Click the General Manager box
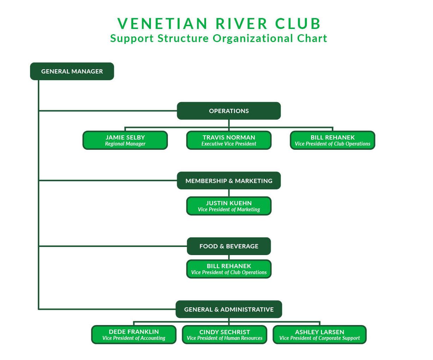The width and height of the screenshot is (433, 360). point(72,71)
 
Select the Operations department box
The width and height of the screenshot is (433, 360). point(229,111)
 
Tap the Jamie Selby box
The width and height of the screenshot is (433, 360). point(125,140)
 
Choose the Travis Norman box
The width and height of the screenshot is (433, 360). point(229,140)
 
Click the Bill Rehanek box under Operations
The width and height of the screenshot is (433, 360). point(332,140)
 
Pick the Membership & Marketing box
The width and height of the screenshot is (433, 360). point(229,181)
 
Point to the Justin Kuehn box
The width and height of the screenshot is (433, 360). point(229,206)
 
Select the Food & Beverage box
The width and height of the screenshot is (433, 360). point(229,246)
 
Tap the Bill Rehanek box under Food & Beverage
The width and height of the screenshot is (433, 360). point(229,269)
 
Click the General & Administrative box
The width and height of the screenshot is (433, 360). point(229,309)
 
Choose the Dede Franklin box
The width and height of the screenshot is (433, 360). point(134,335)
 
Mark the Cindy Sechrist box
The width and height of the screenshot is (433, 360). point(224,335)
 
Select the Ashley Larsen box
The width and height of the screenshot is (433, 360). point(320,335)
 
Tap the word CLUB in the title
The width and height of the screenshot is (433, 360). point(298,24)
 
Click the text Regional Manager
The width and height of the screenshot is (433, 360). point(125,144)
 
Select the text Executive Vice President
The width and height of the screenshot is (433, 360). point(229,144)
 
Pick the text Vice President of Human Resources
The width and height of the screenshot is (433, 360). point(224,338)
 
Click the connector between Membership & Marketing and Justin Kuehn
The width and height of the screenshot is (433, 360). point(229,193)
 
